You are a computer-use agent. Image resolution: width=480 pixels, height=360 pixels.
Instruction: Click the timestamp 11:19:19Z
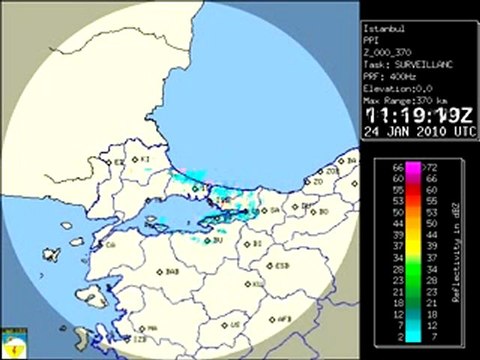(411, 115)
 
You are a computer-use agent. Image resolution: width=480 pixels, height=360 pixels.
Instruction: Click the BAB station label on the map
(171, 270)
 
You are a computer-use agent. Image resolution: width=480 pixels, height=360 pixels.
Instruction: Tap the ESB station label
(281, 266)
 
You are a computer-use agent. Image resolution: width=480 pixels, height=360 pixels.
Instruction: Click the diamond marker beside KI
(135, 158)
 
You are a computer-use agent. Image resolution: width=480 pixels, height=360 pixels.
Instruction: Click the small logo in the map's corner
(11, 343)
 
